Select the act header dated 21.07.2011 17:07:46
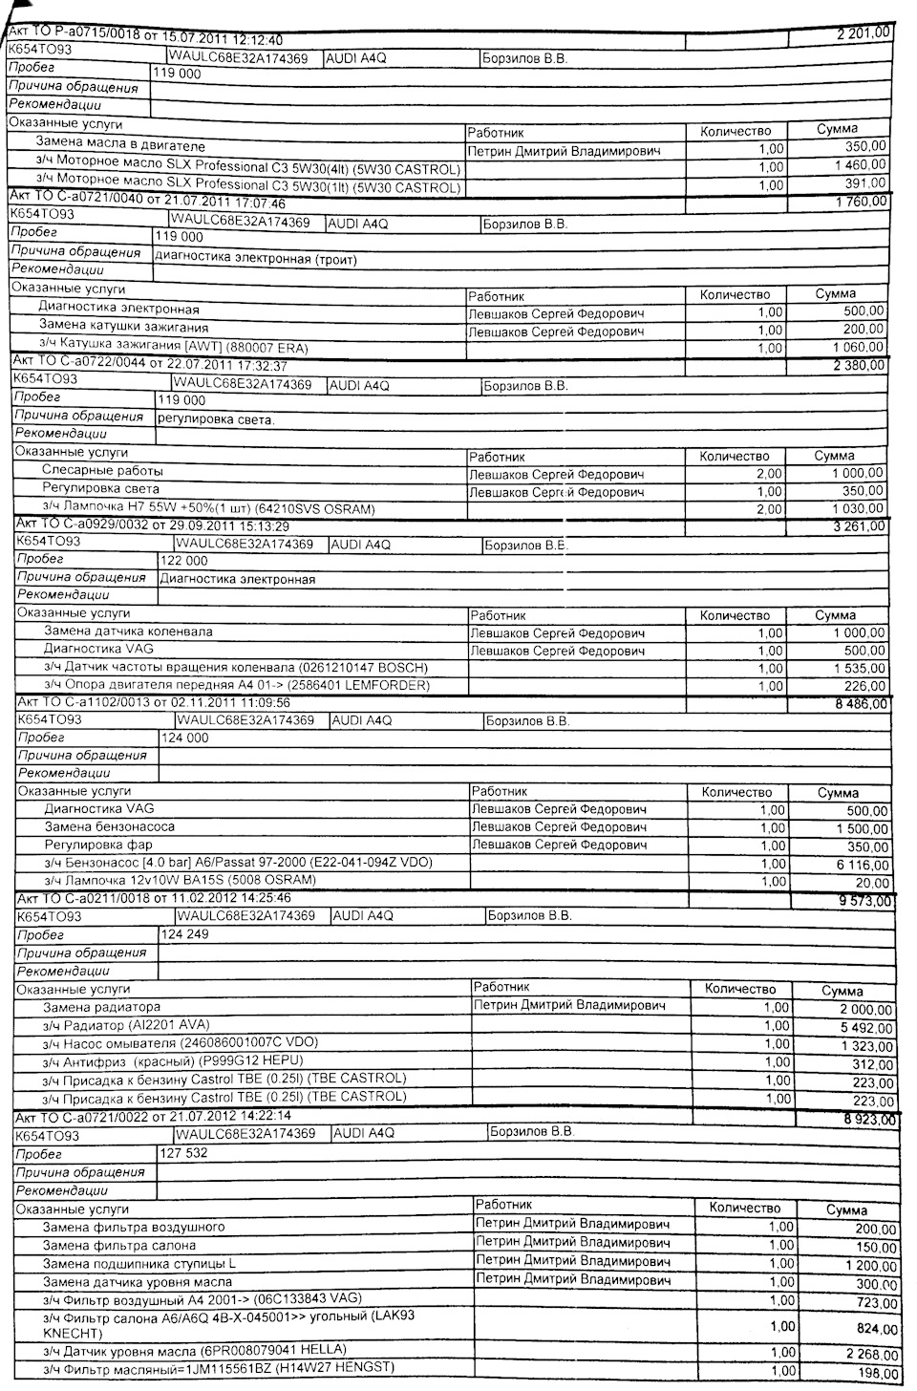[148, 203]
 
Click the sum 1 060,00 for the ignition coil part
[859, 347]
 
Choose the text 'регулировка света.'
[216, 418]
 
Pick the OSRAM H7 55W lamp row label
[209, 508]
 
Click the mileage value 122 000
[183, 562]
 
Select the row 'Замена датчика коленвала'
[129, 631]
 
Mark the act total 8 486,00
[861, 704]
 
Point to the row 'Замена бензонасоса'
[110, 826]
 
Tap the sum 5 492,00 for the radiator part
[866, 1028]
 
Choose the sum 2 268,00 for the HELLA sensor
[870, 1354]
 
